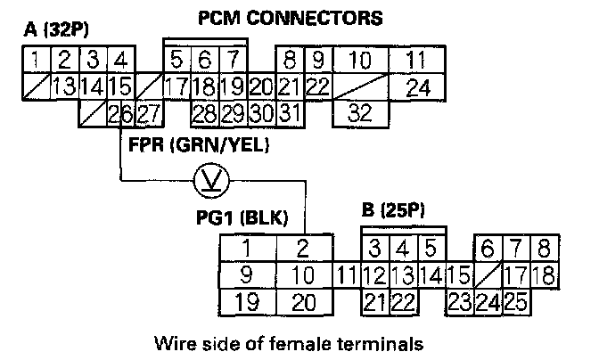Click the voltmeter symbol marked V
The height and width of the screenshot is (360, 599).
[212, 184]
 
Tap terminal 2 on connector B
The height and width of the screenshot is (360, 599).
[302, 248]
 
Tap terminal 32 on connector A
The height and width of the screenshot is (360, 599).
[359, 112]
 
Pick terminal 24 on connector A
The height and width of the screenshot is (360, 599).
[417, 87]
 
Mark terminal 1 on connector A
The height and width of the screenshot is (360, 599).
[32, 61]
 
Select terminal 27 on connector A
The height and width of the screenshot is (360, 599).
[149, 112]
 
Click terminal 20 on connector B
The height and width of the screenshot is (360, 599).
[303, 301]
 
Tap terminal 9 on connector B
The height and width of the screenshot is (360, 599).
[246, 274]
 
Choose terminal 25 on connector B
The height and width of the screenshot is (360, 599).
[515, 301]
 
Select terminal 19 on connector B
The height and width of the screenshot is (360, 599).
[246, 301]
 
